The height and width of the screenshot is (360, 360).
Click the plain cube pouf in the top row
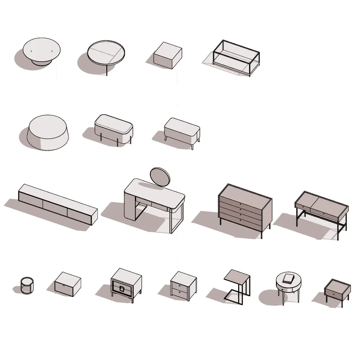167,56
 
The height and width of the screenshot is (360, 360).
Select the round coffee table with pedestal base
42,50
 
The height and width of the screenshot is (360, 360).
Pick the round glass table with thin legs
106,54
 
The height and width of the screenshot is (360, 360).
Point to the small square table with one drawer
337,291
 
